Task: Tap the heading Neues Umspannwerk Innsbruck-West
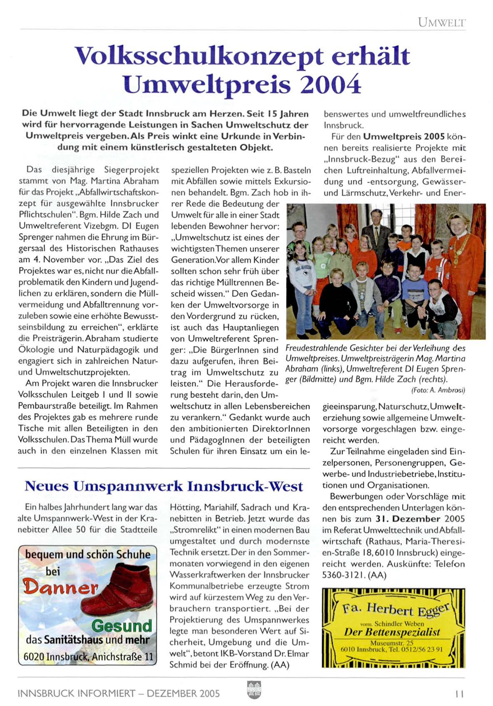[x=164, y=486]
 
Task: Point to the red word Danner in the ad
[x=60, y=587]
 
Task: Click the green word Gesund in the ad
[x=122, y=626]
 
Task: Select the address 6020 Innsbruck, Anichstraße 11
[x=88, y=657]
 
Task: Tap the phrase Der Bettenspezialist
[x=392, y=632]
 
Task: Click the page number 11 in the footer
[x=459, y=694]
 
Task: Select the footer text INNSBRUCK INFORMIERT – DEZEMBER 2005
[x=119, y=694]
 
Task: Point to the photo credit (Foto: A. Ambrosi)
[x=438, y=390]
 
